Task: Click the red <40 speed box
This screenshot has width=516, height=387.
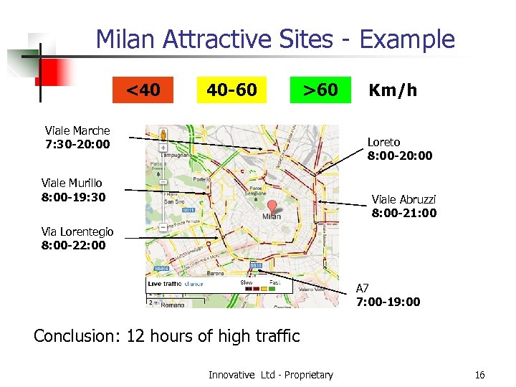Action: pos(143,90)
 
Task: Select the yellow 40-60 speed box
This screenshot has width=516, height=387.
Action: pos(231,90)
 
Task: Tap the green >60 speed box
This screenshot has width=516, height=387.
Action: pos(320,90)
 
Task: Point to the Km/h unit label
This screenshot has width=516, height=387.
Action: pos(392,90)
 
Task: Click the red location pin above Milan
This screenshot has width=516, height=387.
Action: pos(272,206)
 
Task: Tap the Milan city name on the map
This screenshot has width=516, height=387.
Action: pos(272,216)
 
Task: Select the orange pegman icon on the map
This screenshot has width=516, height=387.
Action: pos(163,134)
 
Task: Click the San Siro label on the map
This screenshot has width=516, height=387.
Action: pos(174,201)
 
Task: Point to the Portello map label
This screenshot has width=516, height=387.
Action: pos(202,179)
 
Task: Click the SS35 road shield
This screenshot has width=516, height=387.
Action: pos(256,266)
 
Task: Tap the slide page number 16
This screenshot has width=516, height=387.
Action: pos(479,375)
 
